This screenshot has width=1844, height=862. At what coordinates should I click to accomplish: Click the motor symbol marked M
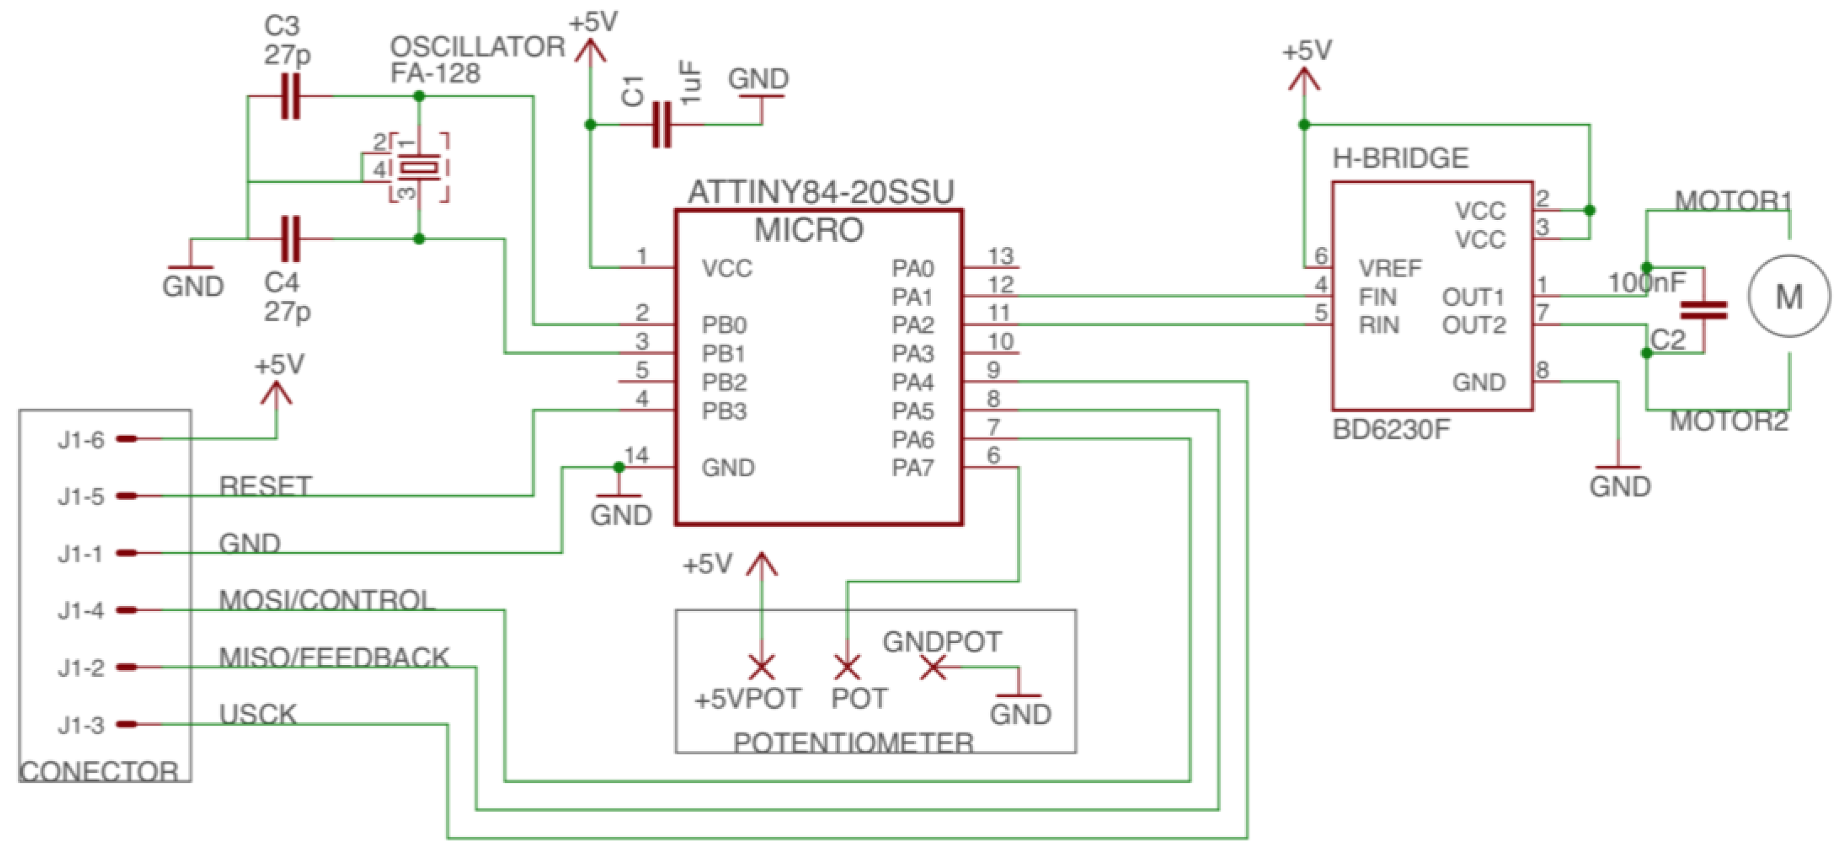tap(1789, 296)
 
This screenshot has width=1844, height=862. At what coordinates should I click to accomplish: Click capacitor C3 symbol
tap(290, 96)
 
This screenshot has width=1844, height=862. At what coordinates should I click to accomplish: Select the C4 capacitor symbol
tap(290, 239)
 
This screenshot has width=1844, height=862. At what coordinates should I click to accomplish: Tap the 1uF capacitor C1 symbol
tap(662, 125)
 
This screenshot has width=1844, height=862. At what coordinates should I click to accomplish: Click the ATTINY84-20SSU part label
tap(820, 192)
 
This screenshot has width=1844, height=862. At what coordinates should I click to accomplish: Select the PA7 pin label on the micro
tap(912, 468)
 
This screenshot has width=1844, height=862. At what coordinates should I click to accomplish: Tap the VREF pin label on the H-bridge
tap(1389, 268)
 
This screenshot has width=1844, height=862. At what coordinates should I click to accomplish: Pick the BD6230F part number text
tap(1391, 429)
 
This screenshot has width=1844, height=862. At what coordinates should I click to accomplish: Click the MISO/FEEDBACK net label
tap(333, 657)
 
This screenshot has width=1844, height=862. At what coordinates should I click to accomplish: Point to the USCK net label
tap(258, 714)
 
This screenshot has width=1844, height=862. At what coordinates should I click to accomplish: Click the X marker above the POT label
tap(847, 668)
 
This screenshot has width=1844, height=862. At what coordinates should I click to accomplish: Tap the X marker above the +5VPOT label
tap(762, 667)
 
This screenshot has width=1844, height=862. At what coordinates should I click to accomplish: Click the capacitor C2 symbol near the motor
tap(1704, 310)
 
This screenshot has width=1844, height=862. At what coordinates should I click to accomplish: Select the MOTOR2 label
tap(1729, 421)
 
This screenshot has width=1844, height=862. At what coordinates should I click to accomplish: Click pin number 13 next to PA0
tap(1001, 255)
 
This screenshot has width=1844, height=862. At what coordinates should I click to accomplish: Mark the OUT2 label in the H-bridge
tap(1473, 325)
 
